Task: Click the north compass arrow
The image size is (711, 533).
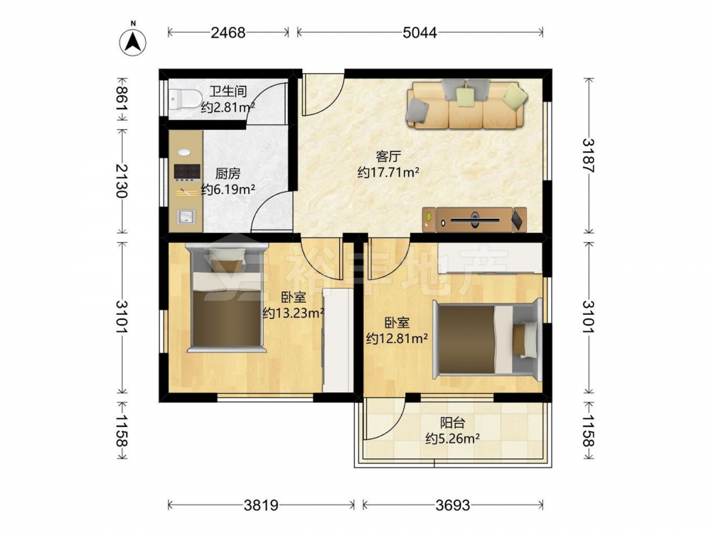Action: pyautogui.click(x=133, y=42)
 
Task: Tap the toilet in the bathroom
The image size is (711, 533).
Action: pyautogui.click(x=185, y=99)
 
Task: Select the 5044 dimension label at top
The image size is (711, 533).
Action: pyautogui.click(x=420, y=33)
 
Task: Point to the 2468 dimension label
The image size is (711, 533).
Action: pyautogui.click(x=228, y=33)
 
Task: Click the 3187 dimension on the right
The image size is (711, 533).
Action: pyautogui.click(x=588, y=155)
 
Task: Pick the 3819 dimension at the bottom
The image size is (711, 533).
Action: pyautogui.click(x=261, y=505)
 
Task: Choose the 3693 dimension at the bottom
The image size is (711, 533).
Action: pyautogui.click(x=453, y=505)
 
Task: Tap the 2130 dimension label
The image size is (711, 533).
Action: pyautogui.click(x=122, y=181)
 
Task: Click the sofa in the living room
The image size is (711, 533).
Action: pyautogui.click(x=467, y=104)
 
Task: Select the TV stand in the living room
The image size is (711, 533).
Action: pyautogui.click(x=474, y=220)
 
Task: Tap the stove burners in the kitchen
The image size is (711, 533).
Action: pyautogui.click(x=187, y=171)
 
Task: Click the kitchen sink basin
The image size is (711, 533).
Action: pyautogui.click(x=186, y=216)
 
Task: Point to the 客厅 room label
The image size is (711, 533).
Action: pyautogui.click(x=389, y=157)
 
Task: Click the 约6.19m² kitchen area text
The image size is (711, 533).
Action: pyautogui.click(x=228, y=189)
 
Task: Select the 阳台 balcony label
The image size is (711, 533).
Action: pyautogui.click(x=452, y=423)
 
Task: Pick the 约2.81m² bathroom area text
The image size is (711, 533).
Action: pyautogui.click(x=228, y=107)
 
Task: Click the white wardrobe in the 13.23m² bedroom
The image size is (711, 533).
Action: pyautogui.click(x=338, y=340)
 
